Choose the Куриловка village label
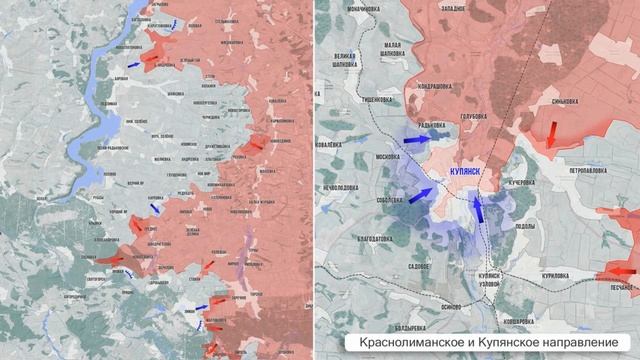(x=549, y=274)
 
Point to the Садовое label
(x=413, y=267)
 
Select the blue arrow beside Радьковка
(x=410, y=142)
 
